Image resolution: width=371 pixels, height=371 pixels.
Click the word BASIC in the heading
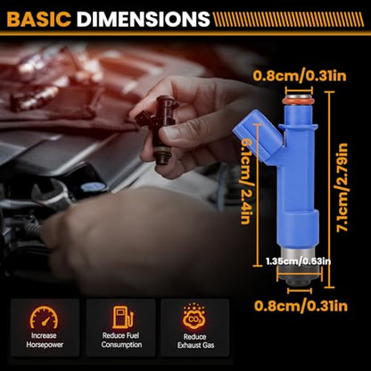38,19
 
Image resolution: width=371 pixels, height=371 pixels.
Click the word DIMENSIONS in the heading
144,19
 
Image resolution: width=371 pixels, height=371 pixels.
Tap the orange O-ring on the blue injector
299,102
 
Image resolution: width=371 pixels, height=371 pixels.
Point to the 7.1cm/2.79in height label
342,187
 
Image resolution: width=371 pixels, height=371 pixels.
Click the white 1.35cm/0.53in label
298,261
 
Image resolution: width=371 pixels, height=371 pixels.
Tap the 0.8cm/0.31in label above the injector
300,76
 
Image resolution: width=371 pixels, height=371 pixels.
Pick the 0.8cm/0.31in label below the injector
301,306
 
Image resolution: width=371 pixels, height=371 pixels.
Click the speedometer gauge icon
44,317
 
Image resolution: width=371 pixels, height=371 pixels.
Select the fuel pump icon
123,317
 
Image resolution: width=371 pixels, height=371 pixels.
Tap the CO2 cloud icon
194,317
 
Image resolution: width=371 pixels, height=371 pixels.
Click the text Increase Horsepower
45,341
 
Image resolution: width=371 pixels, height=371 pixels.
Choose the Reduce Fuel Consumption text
121,341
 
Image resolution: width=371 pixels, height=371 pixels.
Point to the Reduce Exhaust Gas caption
195,342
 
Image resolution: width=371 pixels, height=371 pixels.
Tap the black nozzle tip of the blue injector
300,280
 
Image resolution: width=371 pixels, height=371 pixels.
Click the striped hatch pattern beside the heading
288,20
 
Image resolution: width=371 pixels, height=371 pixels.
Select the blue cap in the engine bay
94,186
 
